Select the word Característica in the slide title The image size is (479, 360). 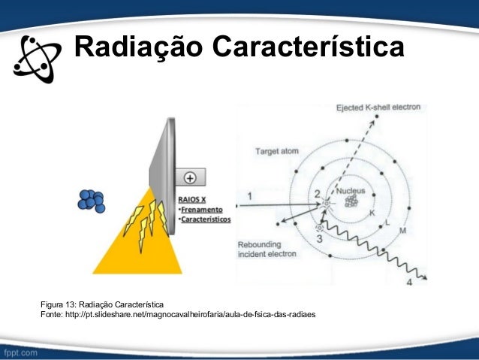(x=308, y=47)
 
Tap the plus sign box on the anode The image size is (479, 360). (x=190, y=179)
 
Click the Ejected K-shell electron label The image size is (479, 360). (x=378, y=107)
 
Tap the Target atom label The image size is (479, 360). (x=276, y=151)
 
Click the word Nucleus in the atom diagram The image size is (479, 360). (x=351, y=191)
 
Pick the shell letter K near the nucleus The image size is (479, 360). (x=371, y=213)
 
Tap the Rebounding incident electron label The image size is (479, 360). (x=267, y=250)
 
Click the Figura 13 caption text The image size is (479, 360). (x=102, y=304)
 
